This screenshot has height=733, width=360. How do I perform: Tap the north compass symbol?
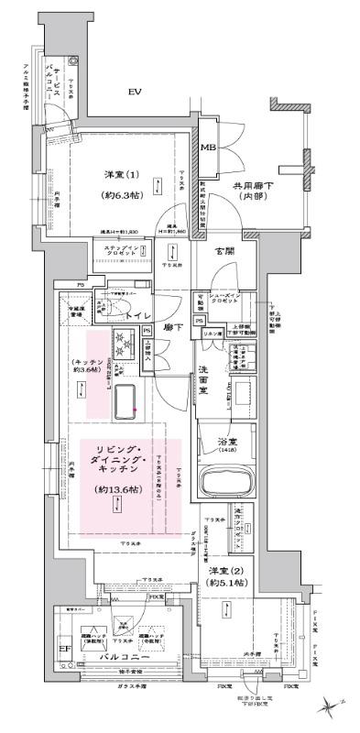[331, 706]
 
